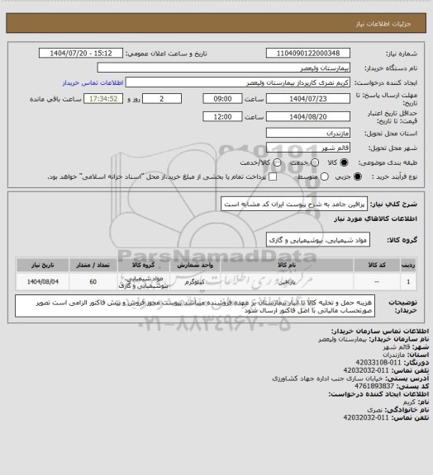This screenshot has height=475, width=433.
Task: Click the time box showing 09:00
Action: click(222, 98)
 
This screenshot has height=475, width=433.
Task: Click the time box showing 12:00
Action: click(222, 117)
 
